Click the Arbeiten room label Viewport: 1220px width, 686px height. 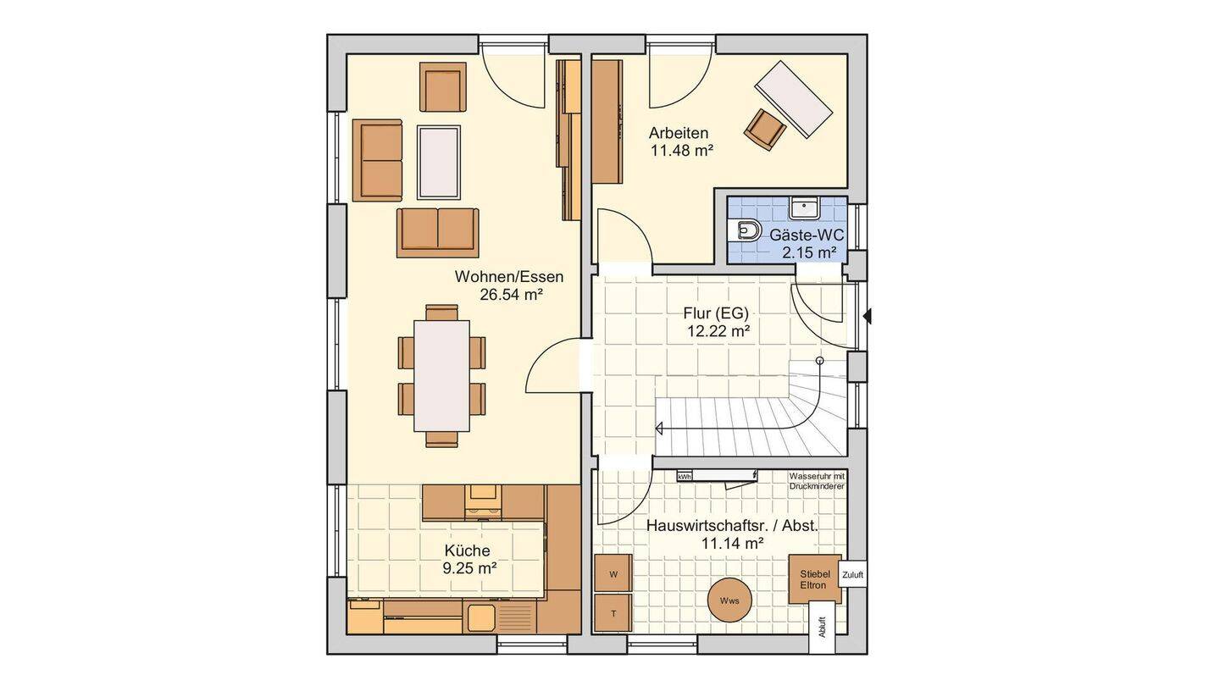click(x=678, y=133)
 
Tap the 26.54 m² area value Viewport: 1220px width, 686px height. click(x=511, y=295)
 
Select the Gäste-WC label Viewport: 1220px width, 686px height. click(x=807, y=235)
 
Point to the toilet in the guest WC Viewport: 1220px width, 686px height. click(x=747, y=231)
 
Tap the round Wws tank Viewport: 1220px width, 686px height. click(x=729, y=600)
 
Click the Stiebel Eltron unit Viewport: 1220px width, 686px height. click(x=815, y=579)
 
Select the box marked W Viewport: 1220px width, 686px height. click(x=613, y=573)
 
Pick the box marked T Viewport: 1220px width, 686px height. click(x=613, y=613)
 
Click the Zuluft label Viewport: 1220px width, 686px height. click(x=852, y=575)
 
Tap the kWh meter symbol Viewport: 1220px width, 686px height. click(x=685, y=476)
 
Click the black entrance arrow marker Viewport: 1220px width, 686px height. click(x=867, y=316)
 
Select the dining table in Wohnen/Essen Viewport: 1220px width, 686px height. click(x=441, y=376)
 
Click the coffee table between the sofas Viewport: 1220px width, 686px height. click(x=439, y=163)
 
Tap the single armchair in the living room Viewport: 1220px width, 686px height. click(x=443, y=87)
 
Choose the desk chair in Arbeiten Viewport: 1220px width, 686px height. click(x=765, y=130)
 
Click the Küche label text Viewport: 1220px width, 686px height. click(x=468, y=550)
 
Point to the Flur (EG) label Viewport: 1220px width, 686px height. click(x=716, y=313)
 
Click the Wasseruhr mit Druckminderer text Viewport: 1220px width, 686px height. click(x=817, y=481)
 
